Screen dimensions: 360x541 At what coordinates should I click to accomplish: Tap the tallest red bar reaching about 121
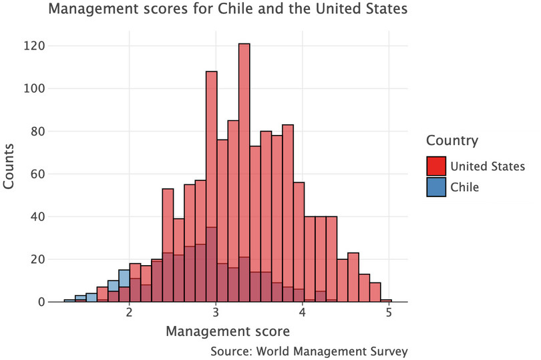click(244, 174)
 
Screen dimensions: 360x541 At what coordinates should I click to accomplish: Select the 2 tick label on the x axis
click(129, 314)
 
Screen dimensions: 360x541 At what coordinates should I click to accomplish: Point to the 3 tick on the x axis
click(216, 314)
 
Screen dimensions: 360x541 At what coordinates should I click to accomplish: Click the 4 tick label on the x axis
click(303, 314)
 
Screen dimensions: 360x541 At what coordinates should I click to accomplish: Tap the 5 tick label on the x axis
click(389, 314)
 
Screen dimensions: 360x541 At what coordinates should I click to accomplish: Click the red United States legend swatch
click(435, 166)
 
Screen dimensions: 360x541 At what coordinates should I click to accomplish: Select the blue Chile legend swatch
click(435, 187)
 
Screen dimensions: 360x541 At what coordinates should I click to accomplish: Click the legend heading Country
click(452, 141)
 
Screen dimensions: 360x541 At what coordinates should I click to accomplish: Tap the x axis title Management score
click(228, 331)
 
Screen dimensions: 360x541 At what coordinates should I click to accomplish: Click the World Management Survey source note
click(308, 351)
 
